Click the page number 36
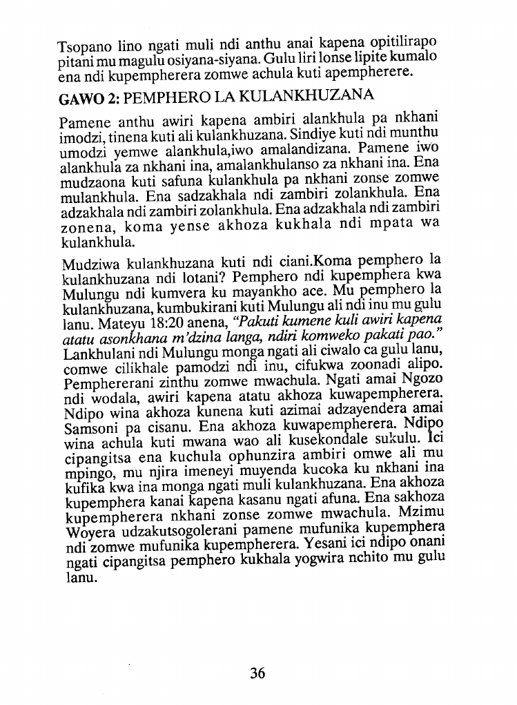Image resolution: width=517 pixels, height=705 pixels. point(257,673)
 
